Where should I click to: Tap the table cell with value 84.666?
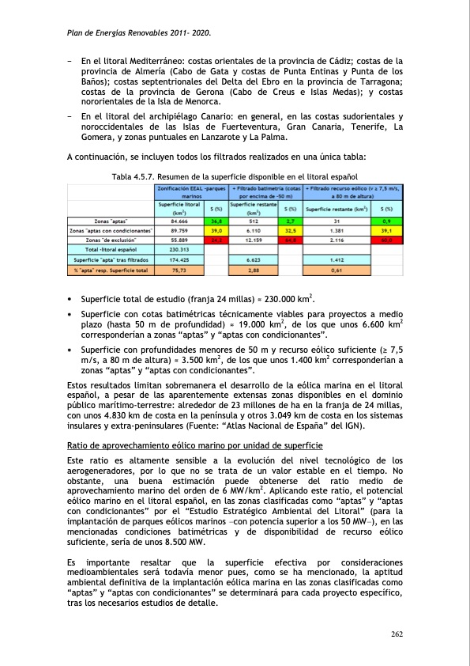[x=182, y=221]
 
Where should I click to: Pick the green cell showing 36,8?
[x=216, y=221]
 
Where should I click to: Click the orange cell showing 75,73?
[x=182, y=269]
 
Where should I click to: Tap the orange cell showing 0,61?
[x=337, y=269]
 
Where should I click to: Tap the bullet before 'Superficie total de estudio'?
[x=71, y=297]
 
